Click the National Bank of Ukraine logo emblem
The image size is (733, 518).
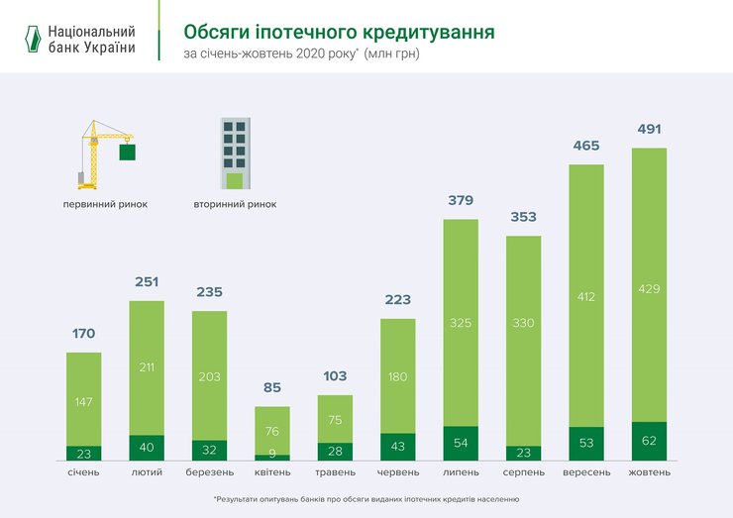point(33,39)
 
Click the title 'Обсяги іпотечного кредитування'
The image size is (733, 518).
point(339,32)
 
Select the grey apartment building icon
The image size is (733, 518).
point(235,154)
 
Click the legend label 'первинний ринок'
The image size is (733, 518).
point(105,204)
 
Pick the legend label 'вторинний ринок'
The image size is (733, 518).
point(235,204)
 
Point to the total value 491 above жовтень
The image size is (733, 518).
point(649,130)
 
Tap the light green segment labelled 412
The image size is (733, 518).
point(586,295)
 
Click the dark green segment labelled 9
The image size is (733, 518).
point(272,457)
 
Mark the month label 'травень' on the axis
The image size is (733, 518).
point(335,472)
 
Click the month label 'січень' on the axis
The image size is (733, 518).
point(83,472)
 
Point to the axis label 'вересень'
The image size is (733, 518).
point(586,472)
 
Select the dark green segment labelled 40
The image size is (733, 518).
point(147,448)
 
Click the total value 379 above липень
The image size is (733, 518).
point(461,201)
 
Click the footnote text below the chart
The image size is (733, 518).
point(366,499)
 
